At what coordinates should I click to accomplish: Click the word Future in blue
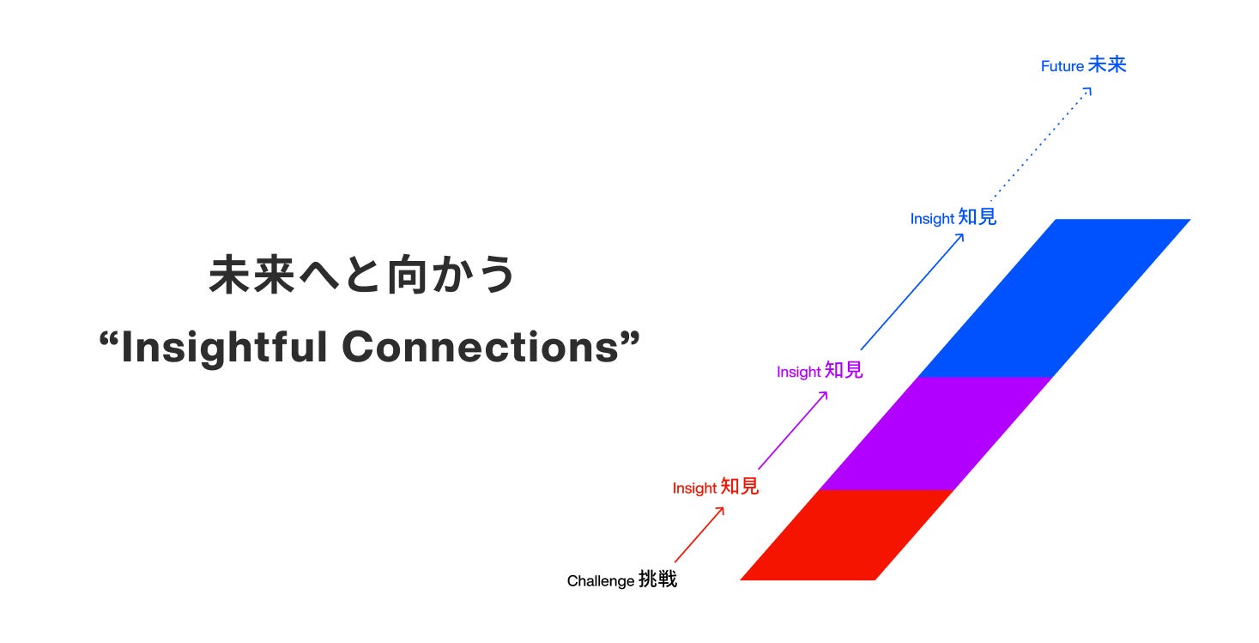point(1062,66)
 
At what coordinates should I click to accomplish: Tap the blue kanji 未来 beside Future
point(1107,65)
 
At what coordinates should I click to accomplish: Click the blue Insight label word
point(932,219)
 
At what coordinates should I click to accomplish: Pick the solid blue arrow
point(911,292)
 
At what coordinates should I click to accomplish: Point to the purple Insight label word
point(798,372)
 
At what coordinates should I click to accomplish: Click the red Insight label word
point(694,488)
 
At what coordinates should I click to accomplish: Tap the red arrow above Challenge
point(699,534)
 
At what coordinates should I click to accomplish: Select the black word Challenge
point(601,581)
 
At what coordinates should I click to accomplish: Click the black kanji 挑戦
point(657,580)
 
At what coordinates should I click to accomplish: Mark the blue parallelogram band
point(1054,298)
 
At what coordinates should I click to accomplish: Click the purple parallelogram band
point(935,434)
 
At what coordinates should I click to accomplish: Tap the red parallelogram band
point(847,535)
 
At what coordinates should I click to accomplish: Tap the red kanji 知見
point(740,487)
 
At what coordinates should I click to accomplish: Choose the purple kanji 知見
point(844,371)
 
